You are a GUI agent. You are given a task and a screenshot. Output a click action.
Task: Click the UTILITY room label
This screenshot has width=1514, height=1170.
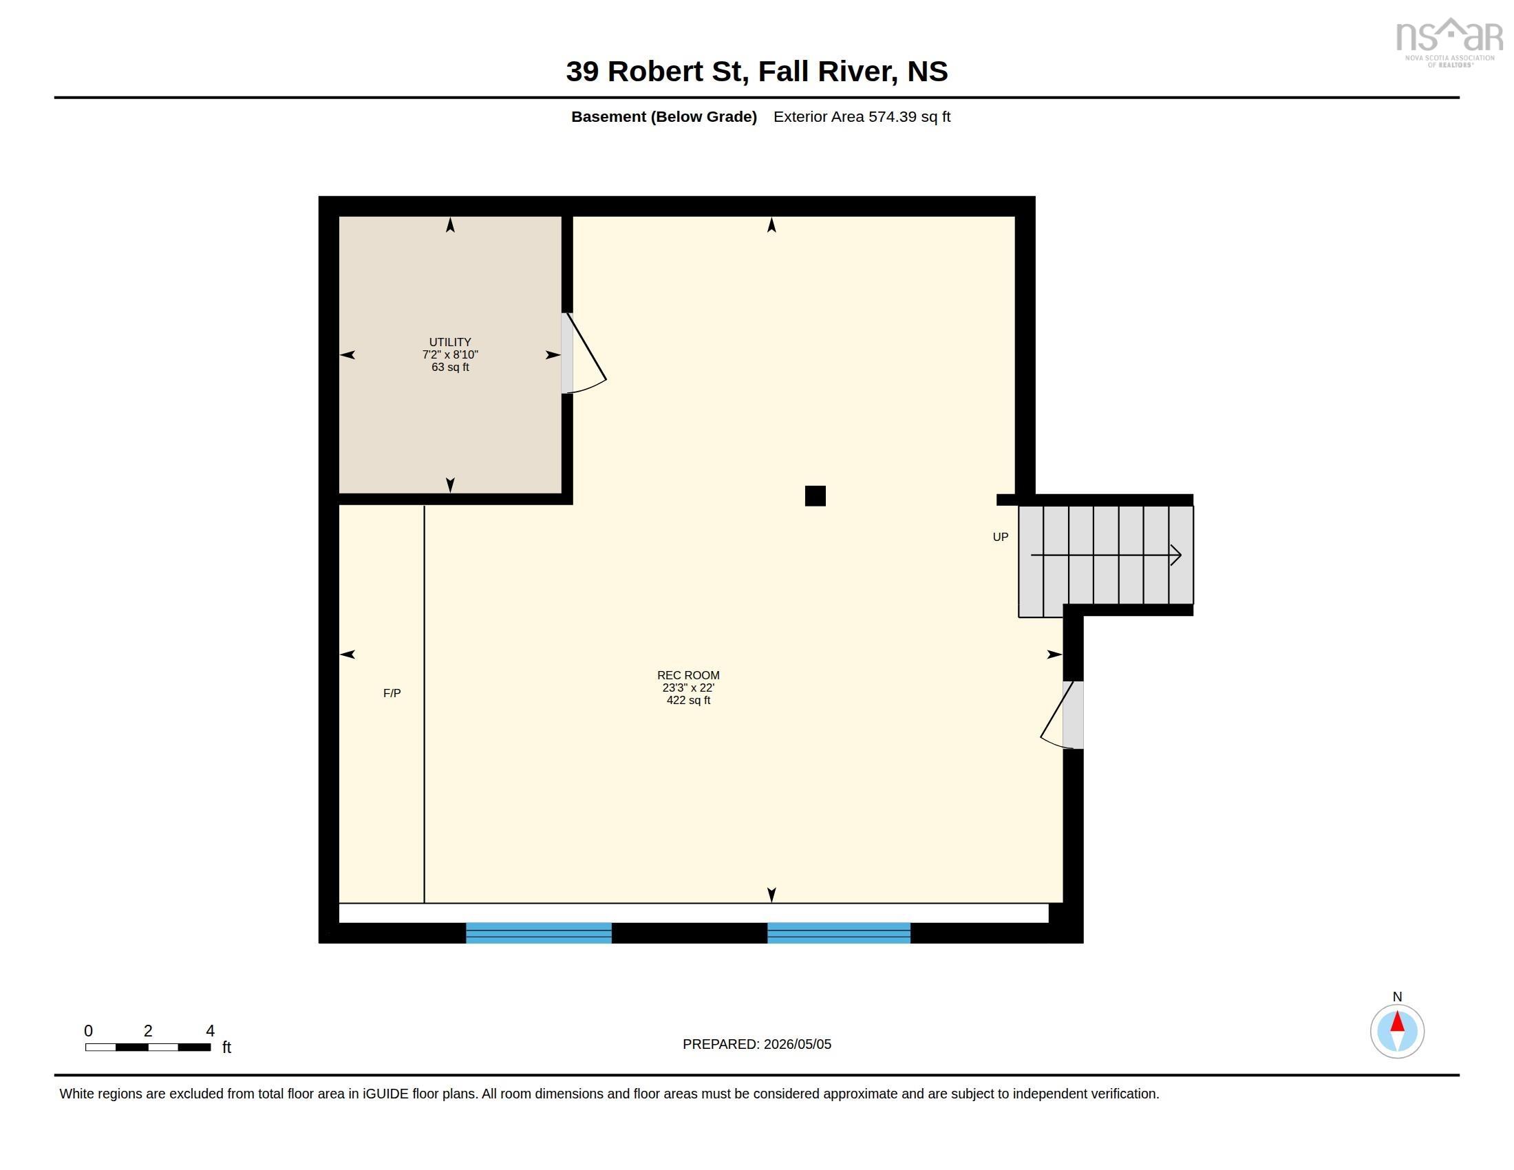point(450,343)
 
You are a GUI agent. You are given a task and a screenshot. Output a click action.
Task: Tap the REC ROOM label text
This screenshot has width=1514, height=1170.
point(688,675)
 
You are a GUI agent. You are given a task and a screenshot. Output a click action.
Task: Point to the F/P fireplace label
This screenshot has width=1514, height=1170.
point(392,693)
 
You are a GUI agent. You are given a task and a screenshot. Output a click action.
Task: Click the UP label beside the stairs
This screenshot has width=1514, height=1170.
point(1001,538)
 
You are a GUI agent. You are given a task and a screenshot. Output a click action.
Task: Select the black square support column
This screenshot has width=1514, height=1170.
point(815,496)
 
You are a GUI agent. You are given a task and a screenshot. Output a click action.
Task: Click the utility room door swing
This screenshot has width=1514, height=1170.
point(586,354)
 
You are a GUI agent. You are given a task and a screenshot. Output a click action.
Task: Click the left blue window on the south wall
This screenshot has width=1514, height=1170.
point(539,933)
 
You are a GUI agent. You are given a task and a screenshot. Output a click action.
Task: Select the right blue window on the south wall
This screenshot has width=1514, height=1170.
point(839,933)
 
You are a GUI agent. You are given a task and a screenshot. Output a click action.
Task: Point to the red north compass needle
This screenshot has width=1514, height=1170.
point(1398,1021)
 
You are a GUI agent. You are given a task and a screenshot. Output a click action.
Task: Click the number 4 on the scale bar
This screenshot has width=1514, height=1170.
point(210,1031)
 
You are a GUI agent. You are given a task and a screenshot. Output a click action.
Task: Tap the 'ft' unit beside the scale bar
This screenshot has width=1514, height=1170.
point(226,1047)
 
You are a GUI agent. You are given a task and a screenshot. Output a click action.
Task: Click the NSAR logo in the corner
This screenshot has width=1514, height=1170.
point(1449,42)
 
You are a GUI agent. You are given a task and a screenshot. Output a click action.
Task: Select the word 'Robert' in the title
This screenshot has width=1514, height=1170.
point(655,72)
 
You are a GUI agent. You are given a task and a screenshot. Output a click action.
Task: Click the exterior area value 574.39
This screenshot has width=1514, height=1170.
point(893,116)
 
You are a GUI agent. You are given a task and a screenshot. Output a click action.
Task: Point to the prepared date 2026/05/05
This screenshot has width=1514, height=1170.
point(797,1045)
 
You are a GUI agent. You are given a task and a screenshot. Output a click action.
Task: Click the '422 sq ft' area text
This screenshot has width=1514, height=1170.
point(688,700)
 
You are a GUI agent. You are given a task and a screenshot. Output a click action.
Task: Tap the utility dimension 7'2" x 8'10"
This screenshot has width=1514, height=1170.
point(450,355)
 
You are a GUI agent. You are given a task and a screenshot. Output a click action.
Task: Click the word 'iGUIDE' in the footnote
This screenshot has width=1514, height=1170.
point(385,1094)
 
